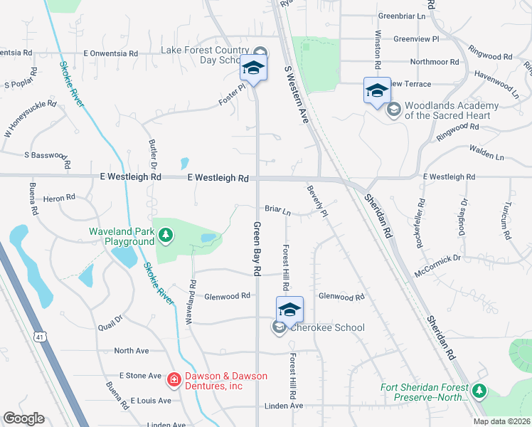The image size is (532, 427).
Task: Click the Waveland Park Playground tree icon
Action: pos(165,234)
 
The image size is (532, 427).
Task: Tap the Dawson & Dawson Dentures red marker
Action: pos(173,381)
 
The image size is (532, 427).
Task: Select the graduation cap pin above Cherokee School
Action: pos(289,309)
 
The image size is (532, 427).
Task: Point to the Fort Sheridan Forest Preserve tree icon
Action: pos(479,391)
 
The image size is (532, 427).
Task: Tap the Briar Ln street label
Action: pos(278,211)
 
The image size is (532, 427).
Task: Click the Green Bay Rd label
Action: pos(257,249)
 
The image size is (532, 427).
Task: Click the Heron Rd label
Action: pos(59,198)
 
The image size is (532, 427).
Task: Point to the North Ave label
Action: pos(132,351)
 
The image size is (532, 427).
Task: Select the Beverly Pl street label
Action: pos(317,201)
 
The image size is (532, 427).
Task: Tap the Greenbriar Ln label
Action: pos(402,16)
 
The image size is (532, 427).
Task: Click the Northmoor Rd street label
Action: pos(435,62)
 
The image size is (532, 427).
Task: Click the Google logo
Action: pos(23,418)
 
